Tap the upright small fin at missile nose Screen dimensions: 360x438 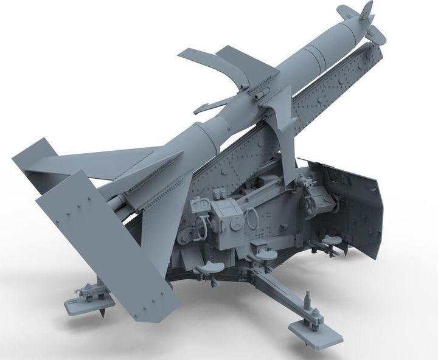(x=367, y=12)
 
